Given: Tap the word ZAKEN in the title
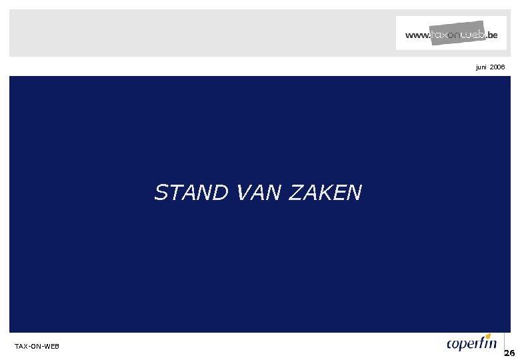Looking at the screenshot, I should (326, 193).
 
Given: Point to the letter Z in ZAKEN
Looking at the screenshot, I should (297, 193).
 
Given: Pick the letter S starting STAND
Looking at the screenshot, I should (161, 193).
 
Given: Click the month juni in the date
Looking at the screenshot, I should (481, 67).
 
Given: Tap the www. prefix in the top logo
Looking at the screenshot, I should (417, 35).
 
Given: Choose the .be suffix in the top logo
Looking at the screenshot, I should (491, 35).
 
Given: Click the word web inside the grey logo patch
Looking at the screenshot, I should (472, 34).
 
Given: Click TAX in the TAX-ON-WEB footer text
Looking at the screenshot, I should (21, 347).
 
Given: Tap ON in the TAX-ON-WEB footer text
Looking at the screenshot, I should (37, 347).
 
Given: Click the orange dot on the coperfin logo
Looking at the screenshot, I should (489, 335).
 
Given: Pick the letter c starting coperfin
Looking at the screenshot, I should (451, 345).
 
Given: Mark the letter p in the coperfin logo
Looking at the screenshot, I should (465, 345).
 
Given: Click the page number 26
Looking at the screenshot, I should (509, 353).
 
